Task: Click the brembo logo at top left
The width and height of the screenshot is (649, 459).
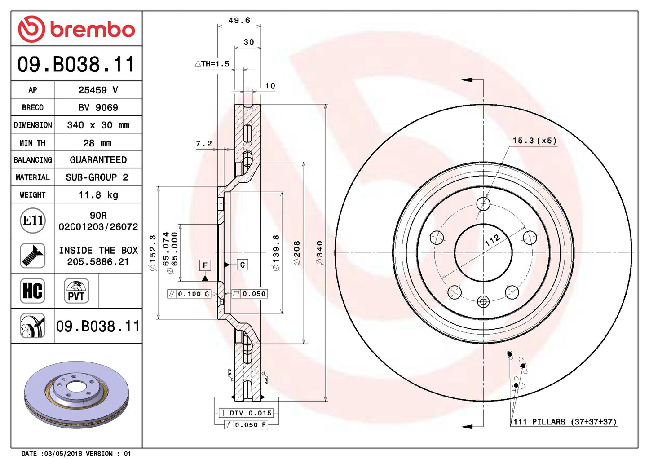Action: tap(76, 29)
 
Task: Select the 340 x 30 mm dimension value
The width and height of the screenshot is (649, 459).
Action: tap(98, 125)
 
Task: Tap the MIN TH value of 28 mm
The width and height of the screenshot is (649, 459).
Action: tap(97, 143)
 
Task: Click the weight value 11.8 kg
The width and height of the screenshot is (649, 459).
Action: tap(98, 195)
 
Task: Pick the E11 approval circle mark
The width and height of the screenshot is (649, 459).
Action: tap(33, 221)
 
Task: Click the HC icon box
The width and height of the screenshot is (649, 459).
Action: tap(33, 291)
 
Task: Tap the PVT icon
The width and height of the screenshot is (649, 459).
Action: tap(76, 291)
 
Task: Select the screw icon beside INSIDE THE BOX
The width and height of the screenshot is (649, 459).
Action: tap(33, 256)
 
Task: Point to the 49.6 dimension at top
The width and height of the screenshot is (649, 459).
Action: tap(239, 21)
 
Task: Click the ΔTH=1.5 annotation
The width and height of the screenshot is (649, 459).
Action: tap(212, 64)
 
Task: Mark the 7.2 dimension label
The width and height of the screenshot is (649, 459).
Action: tap(203, 144)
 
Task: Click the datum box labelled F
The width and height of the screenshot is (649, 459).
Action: tap(205, 265)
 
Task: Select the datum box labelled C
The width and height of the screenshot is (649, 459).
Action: tap(242, 265)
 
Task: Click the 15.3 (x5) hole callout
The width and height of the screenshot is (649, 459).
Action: tap(534, 141)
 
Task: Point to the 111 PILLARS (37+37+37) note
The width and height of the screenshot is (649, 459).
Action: tap(565, 422)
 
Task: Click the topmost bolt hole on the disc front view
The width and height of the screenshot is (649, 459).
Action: tap(483, 203)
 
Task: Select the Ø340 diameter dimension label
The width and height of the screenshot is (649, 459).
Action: tap(319, 253)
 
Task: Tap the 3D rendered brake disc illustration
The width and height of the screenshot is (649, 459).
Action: tap(76, 394)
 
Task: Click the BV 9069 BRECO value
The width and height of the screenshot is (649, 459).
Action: tap(98, 108)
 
